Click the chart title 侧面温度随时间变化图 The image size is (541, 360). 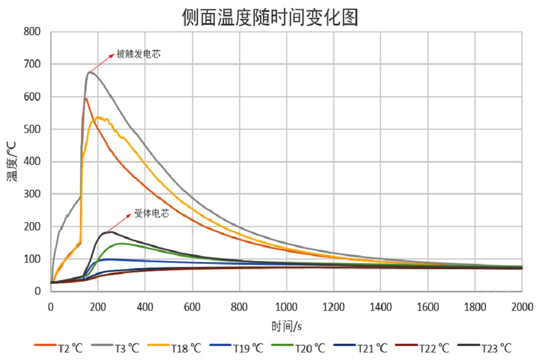click(x=270, y=17)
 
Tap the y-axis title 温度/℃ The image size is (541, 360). click(x=12, y=161)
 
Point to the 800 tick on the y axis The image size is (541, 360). click(x=32, y=32)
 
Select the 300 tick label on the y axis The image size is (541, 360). click(x=32, y=194)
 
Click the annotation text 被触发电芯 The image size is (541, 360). click(x=138, y=54)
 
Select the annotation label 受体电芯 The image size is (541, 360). click(x=151, y=214)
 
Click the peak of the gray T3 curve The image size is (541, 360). click(x=90, y=72)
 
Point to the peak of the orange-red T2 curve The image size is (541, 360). click(x=85, y=98)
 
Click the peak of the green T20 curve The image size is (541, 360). click(x=121, y=243)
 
